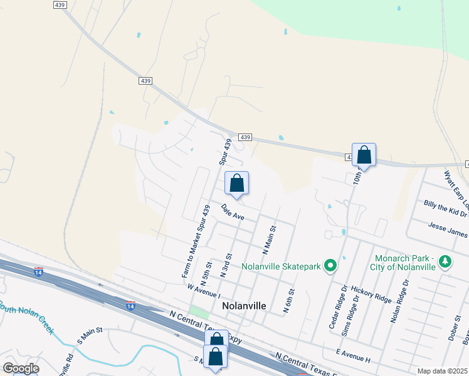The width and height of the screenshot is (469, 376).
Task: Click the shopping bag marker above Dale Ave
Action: (x=237, y=184)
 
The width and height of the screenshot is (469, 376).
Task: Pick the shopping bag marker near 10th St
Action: (x=364, y=155)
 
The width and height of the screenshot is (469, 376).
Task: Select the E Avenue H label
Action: (x=354, y=355)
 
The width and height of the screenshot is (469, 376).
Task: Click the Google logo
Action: (x=21, y=368)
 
